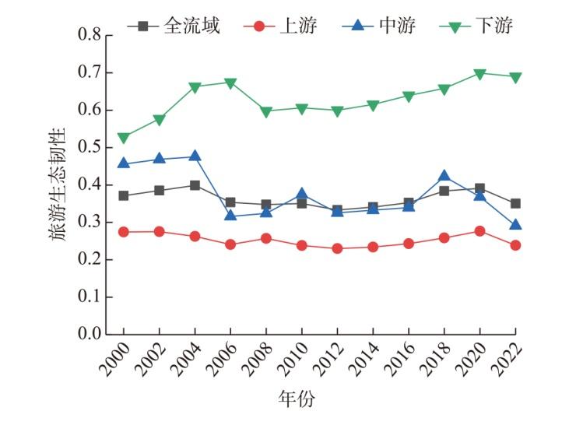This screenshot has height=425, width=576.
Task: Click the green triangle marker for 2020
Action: point(479,74)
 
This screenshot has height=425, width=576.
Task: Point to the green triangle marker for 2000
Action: point(124,138)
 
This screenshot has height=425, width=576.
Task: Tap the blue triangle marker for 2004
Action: point(195,156)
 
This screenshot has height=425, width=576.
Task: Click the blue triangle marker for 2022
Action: point(515,225)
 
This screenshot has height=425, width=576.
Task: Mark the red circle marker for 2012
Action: point(337,248)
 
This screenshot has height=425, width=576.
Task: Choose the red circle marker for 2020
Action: point(479,231)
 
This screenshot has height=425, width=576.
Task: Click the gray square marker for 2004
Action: point(195,185)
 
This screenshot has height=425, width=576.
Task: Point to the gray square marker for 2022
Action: point(515,203)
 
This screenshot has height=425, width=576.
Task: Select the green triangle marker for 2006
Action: point(230,83)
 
